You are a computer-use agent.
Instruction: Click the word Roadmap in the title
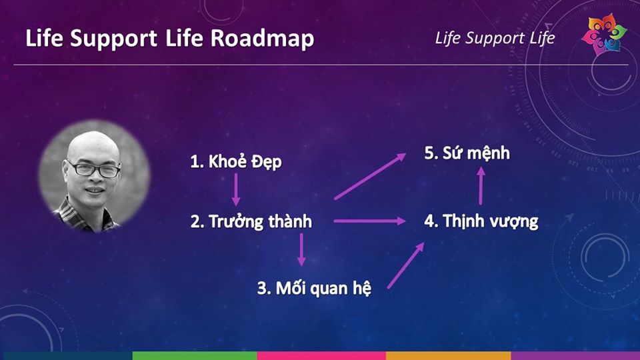[x=263, y=39]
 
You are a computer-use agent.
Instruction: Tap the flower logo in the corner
[x=604, y=35]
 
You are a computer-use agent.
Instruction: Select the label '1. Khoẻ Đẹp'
[x=236, y=161]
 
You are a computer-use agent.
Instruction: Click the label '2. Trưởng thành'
[x=251, y=221]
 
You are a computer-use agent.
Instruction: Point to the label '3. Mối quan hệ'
[x=314, y=288]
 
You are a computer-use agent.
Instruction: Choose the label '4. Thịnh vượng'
[x=481, y=221]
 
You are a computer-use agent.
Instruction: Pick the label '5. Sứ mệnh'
[x=467, y=153]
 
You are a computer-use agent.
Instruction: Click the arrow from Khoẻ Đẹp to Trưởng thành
[x=236, y=189]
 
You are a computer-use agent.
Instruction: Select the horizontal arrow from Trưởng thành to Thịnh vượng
[x=370, y=221]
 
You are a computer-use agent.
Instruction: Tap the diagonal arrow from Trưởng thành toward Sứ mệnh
[x=370, y=176]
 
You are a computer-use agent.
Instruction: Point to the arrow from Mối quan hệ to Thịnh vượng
[x=406, y=266]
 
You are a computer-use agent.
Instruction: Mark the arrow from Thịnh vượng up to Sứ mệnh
[x=481, y=186]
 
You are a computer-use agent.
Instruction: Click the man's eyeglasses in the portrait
[x=94, y=169]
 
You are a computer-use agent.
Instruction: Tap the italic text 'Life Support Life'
[x=495, y=38]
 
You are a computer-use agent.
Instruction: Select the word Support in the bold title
[x=113, y=39]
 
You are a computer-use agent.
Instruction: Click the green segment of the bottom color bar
[x=195, y=355]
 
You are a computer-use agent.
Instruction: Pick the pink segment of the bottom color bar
[x=321, y=355]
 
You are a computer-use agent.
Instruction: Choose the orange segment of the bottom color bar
[x=449, y=355]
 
